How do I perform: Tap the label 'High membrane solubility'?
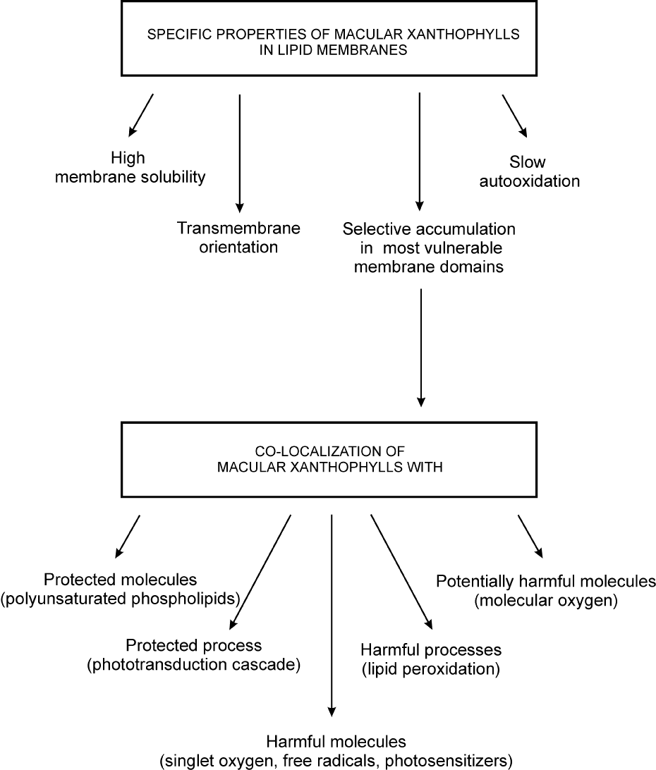[130, 167]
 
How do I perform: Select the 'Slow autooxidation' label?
[529, 172]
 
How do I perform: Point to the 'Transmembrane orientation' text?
[238, 238]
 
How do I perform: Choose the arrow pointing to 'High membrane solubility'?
[141, 115]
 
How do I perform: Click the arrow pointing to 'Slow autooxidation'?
[514, 116]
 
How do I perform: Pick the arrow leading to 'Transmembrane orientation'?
[239, 153]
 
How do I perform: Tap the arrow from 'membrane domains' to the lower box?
[420, 348]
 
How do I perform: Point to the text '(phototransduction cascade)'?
[193, 665]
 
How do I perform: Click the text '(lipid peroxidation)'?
[431, 669]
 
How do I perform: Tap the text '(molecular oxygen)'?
[546, 601]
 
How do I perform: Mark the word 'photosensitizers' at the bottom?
[449, 761]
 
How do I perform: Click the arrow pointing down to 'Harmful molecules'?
[332, 616]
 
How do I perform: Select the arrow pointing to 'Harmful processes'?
[401, 572]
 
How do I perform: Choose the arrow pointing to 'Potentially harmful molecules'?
[530, 536]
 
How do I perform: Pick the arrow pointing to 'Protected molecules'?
[128, 536]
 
